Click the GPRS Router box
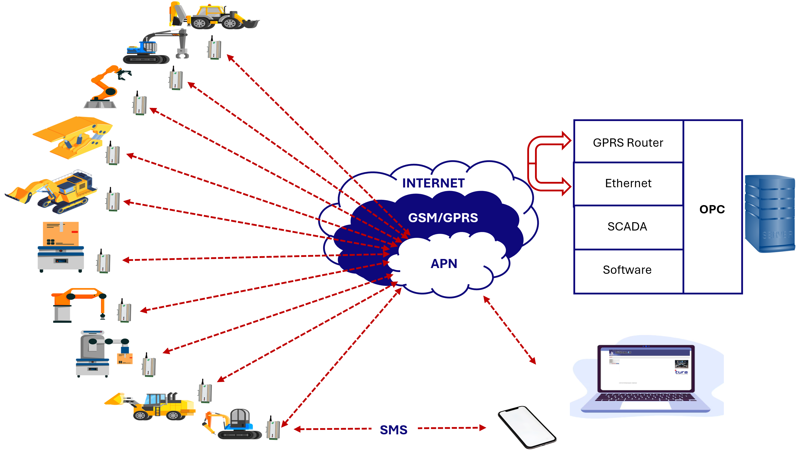coord(628,142)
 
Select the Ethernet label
coord(628,183)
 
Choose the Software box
coord(627,270)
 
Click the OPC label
coord(712,209)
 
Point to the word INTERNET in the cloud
coord(433,183)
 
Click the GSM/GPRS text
coord(443,218)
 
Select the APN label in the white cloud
coord(444,264)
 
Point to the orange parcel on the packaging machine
coord(60,234)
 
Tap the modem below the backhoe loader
coord(213,47)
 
